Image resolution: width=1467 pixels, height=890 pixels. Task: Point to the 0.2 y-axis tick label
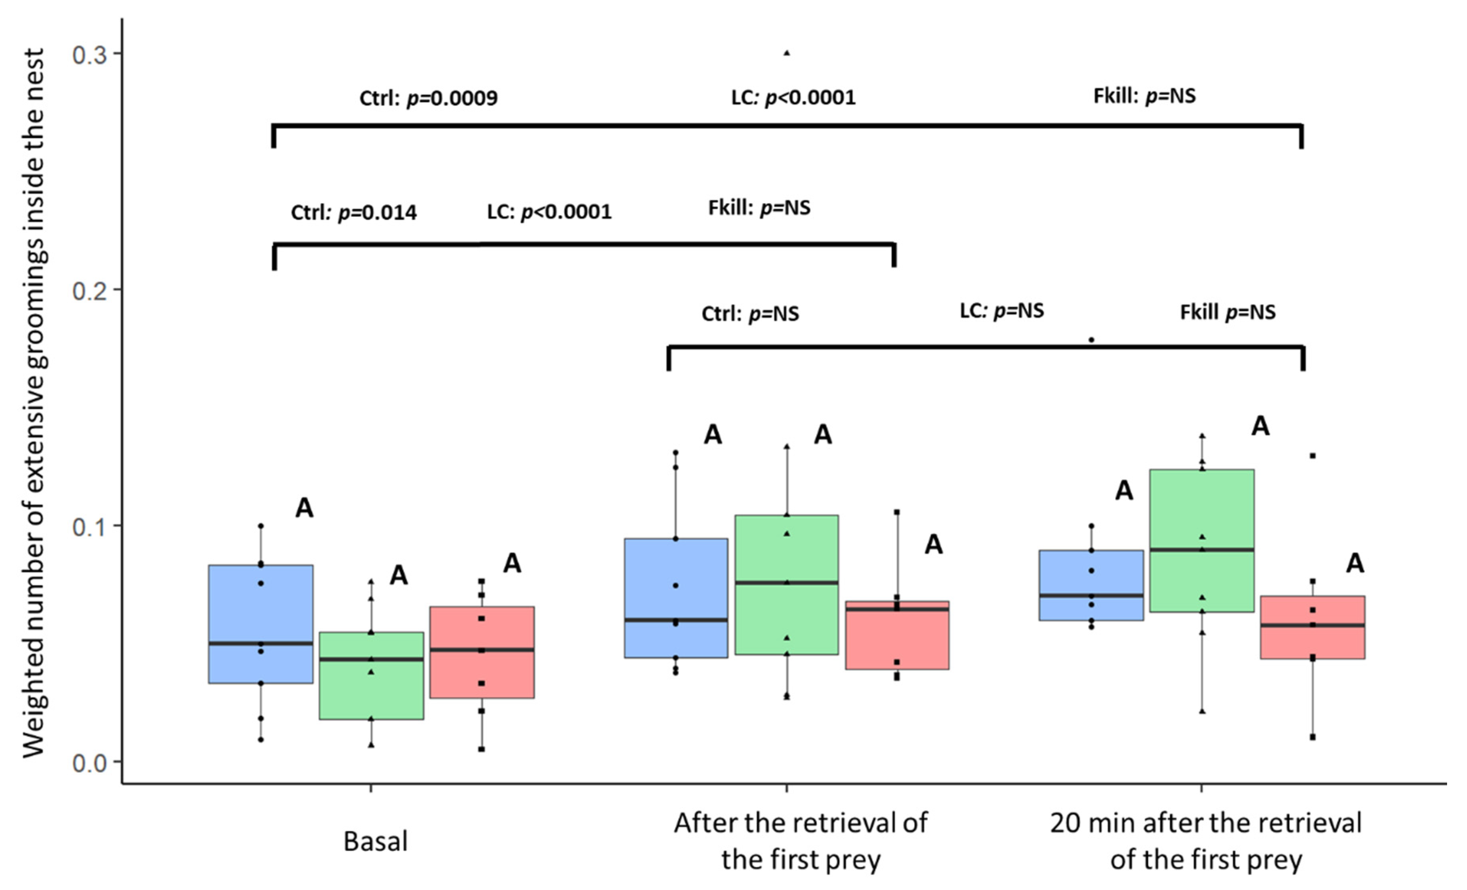(x=89, y=291)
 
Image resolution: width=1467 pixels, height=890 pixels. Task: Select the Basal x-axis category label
(x=376, y=842)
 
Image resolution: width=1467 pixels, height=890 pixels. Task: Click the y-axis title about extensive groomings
(x=35, y=404)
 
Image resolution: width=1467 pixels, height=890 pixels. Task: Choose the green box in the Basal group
(x=372, y=676)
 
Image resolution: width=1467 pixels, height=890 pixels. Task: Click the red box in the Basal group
(x=482, y=652)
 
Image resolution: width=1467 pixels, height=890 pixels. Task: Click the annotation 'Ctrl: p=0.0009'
(x=428, y=98)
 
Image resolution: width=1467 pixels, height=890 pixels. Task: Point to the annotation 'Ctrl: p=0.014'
(x=354, y=212)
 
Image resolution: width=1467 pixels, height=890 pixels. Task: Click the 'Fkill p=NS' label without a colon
(x=1228, y=312)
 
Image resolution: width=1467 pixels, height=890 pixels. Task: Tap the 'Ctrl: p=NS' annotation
(x=750, y=314)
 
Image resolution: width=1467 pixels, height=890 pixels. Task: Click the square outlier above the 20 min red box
(x=1312, y=456)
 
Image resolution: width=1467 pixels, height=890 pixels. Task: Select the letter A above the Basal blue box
(x=304, y=508)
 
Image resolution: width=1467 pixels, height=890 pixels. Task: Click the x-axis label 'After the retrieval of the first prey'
(x=800, y=841)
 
